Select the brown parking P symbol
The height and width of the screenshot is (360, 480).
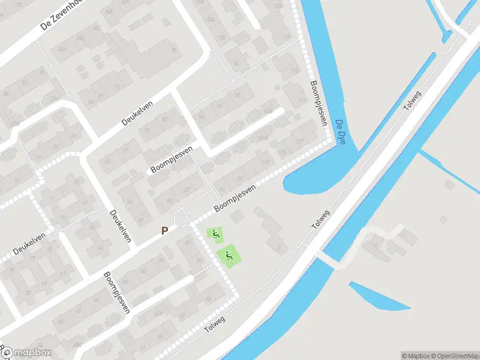point(164,230)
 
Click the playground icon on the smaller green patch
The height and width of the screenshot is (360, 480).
point(215,233)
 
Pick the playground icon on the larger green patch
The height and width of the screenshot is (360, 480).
point(229,256)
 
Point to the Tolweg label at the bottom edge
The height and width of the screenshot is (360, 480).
point(214,325)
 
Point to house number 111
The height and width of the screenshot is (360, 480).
point(301,101)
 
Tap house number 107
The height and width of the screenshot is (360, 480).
point(300,142)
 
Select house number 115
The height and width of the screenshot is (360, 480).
point(294,71)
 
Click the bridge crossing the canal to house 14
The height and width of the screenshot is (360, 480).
point(329,259)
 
